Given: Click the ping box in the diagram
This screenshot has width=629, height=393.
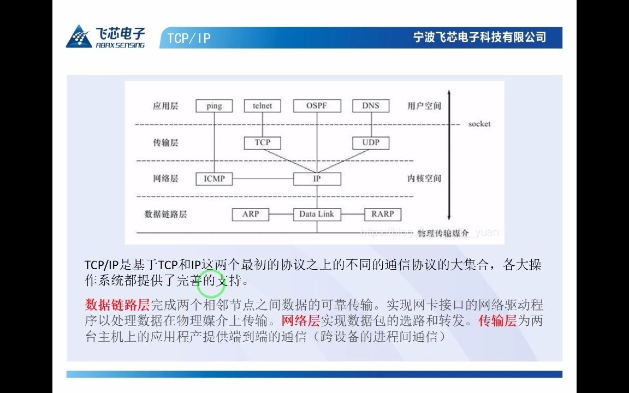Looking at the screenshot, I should (214, 106).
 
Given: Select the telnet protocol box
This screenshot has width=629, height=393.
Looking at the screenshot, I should (262, 106).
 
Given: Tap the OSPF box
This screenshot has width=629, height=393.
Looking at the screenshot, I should (317, 106).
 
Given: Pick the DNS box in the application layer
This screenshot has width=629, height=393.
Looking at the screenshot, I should (371, 106).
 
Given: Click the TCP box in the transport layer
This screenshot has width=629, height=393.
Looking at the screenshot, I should (262, 143).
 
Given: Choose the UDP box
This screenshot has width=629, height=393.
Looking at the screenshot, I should (371, 143).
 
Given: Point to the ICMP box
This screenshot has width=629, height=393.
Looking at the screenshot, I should (214, 178).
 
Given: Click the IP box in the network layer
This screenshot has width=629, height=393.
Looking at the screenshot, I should (317, 178).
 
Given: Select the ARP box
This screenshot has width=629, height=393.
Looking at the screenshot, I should (251, 214).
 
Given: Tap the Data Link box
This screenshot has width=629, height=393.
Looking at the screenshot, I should (317, 214).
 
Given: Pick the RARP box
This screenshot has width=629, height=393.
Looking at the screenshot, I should (382, 214).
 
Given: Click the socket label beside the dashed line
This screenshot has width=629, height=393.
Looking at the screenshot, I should (479, 124).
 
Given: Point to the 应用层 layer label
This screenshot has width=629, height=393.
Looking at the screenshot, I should (166, 106).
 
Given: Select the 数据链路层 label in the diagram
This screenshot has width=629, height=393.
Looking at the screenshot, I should (166, 214).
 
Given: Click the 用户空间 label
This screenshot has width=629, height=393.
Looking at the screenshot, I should (424, 106).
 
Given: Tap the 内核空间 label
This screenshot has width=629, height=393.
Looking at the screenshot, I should (424, 178).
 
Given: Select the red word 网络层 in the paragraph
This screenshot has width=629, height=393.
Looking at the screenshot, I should (300, 320).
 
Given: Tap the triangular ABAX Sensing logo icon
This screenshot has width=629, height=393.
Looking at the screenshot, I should (79, 37).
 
